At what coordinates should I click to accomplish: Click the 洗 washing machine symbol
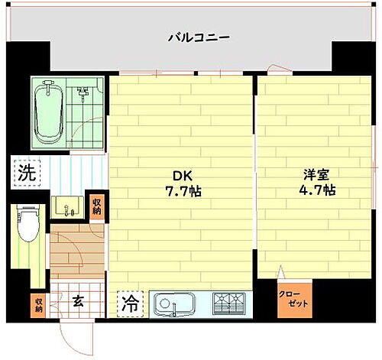click(26, 173)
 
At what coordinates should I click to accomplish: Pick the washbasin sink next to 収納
click(68, 206)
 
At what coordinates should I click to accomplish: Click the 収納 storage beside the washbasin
click(96, 206)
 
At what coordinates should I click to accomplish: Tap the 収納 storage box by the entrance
click(38, 304)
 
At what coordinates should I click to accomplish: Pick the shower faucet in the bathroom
click(83, 94)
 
